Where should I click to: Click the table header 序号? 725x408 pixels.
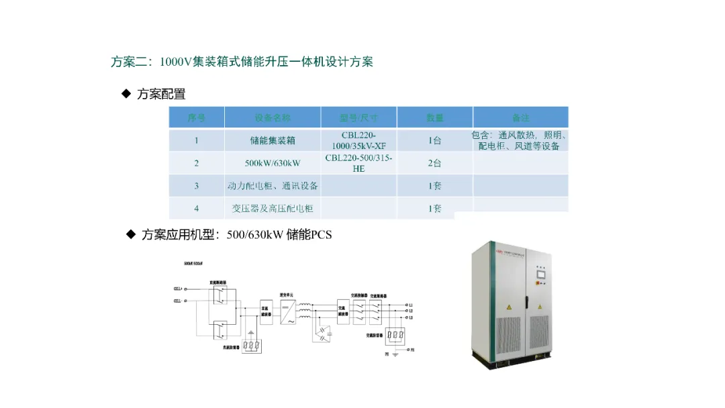(196, 117)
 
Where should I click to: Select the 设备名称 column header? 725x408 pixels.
(273, 117)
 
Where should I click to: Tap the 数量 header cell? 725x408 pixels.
(434, 117)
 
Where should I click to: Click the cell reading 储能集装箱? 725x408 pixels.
(273, 141)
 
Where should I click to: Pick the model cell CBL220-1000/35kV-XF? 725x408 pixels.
(358, 140)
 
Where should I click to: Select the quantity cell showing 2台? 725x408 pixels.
(434, 163)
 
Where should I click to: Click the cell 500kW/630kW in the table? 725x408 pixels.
(273, 163)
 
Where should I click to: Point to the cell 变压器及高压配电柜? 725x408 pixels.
(273, 208)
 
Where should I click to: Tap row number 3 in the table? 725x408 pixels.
(196, 186)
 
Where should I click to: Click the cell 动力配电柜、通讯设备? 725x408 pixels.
(273, 186)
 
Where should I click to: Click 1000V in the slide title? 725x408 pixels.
(177, 62)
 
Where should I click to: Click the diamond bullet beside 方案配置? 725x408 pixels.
(126, 94)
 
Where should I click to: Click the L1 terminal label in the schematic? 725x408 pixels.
(410, 305)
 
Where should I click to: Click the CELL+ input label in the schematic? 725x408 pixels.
(179, 289)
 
